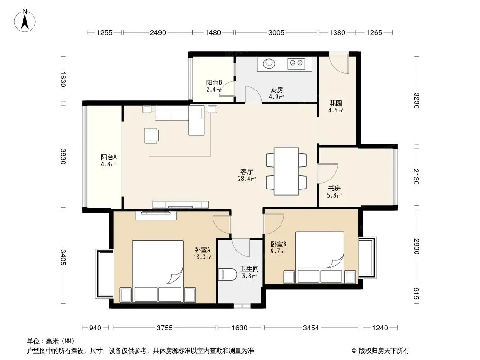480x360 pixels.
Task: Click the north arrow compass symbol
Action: point(25,21)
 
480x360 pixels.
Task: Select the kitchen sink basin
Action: point(269,63)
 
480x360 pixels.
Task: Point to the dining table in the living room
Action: point(286,171)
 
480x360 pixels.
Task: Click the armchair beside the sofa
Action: point(152,135)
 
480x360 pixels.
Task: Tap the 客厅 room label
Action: point(246,171)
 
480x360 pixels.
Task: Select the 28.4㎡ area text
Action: point(247,179)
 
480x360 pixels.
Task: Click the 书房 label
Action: point(334,188)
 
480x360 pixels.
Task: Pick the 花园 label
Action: point(335,103)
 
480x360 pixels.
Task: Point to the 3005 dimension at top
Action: point(276,33)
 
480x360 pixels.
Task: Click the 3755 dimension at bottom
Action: point(165,328)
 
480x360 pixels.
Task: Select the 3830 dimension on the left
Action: point(63,156)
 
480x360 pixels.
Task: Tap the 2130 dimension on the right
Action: point(416,176)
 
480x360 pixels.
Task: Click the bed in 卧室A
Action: point(158,272)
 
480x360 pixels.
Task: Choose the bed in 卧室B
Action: point(320,257)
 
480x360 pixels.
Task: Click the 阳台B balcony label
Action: point(214,83)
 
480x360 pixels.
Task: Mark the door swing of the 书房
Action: point(328,173)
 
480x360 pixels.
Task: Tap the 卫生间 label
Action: point(249,269)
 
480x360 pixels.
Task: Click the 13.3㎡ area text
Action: point(202,257)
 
